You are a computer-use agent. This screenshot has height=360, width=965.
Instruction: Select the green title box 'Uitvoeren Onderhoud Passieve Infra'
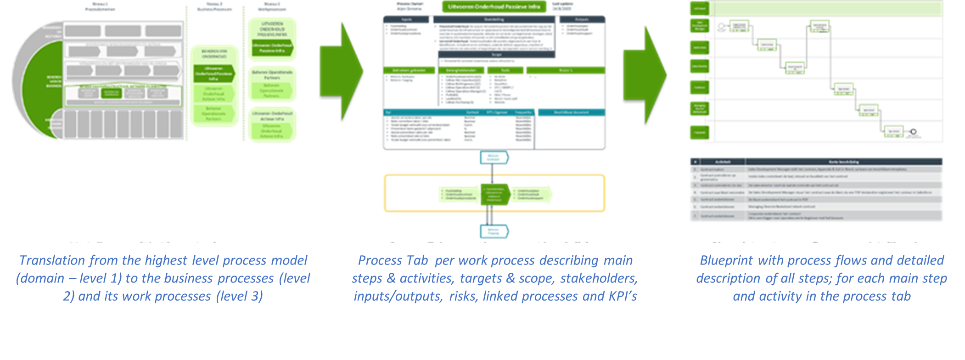(x=494, y=7)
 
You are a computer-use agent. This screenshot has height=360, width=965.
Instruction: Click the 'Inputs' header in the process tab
(x=406, y=20)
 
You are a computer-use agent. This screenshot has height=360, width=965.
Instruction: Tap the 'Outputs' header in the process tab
(x=582, y=20)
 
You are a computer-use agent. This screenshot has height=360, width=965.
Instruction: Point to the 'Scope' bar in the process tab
(x=497, y=55)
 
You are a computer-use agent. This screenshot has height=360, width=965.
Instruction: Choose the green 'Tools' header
(x=505, y=70)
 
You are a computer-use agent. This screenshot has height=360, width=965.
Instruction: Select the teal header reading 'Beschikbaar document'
(x=572, y=112)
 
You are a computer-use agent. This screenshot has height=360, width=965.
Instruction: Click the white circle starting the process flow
(x=721, y=26)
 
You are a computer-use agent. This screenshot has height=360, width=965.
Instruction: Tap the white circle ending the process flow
(x=914, y=132)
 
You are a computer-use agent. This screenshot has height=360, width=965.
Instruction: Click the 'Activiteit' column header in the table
(x=723, y=162)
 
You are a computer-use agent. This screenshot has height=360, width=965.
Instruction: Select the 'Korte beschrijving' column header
(x=844, y=162)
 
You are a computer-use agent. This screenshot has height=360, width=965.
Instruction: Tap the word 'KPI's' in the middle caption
(x=623, y=296)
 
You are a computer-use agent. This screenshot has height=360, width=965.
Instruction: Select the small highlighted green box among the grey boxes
(x=112, y=93)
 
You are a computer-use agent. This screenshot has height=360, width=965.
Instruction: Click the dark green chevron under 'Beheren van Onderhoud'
(x=214, y=73)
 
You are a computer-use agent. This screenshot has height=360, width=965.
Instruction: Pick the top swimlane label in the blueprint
(x=699, y=8)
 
